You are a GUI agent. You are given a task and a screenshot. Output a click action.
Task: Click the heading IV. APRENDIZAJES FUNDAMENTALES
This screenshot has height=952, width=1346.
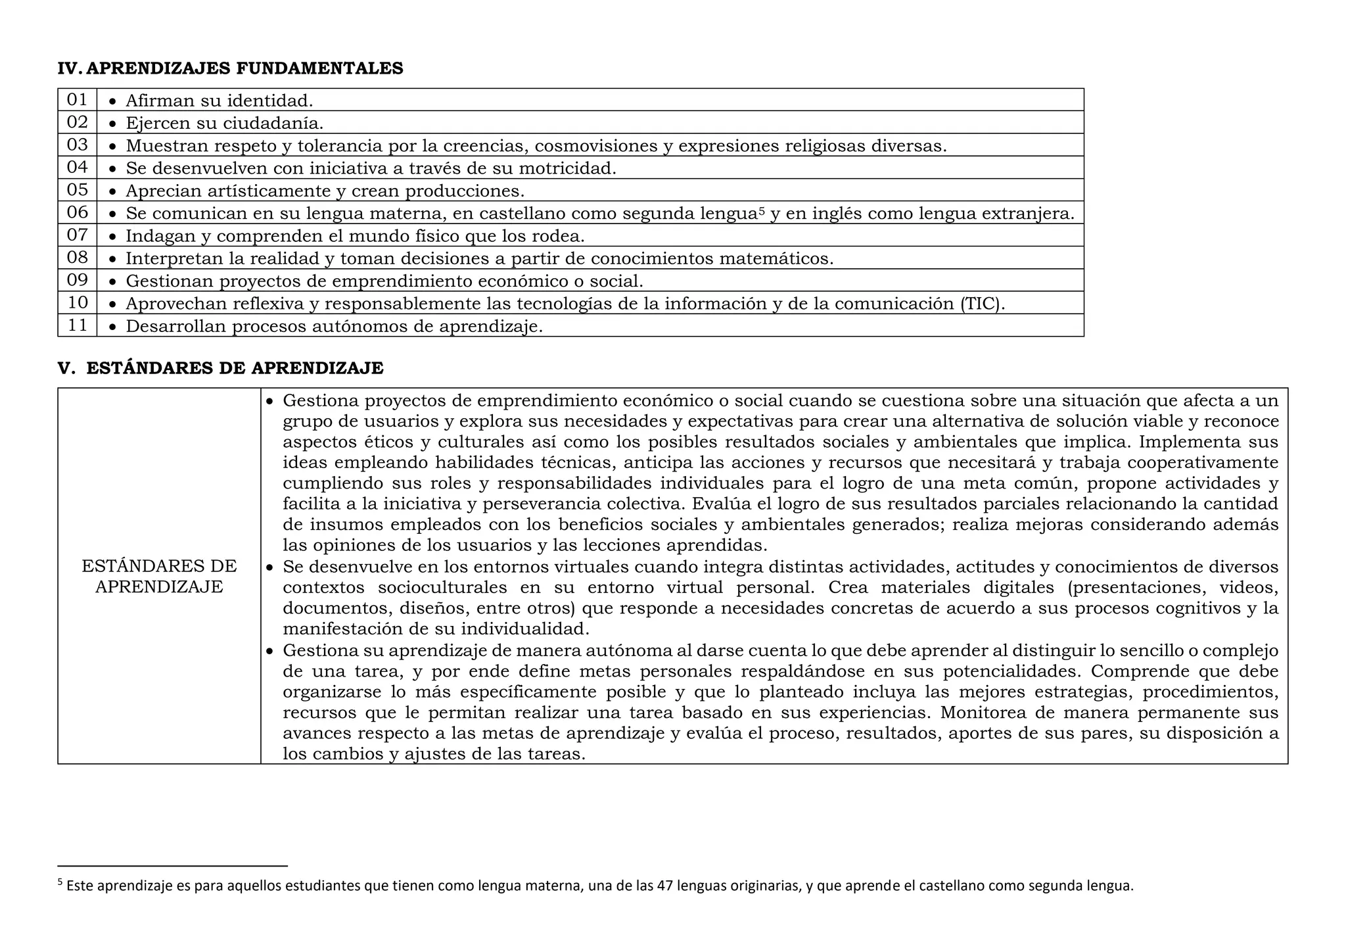230,68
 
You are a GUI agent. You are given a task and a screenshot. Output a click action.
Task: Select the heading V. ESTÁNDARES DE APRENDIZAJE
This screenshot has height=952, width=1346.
220,368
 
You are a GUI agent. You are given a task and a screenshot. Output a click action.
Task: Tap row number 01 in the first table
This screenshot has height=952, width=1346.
77,100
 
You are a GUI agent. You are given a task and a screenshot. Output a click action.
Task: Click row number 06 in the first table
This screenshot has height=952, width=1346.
77,212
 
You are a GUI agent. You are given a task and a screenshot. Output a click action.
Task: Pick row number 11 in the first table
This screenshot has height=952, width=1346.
77,325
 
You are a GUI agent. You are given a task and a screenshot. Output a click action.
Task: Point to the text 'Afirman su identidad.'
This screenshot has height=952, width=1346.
219,101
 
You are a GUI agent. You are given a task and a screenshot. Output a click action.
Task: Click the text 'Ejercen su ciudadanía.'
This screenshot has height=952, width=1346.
224,124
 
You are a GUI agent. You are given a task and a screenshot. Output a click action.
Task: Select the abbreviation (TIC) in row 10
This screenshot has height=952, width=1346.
983,304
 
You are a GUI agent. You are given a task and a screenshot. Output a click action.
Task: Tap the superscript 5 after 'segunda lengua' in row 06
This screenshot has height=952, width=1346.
762,210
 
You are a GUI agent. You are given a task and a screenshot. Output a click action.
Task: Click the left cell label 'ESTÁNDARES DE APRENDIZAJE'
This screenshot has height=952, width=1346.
159,576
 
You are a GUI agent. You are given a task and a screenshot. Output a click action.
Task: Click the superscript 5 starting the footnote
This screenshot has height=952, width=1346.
60,882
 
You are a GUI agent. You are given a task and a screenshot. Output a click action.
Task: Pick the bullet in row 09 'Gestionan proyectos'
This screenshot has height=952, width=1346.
113,281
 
